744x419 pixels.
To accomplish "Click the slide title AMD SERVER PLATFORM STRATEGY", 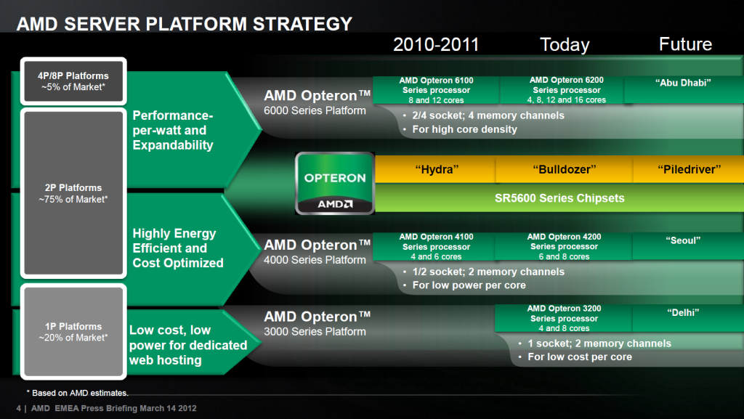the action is [184, 24].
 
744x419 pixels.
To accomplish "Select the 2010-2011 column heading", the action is [436, 44].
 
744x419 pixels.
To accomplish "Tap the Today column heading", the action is [565, 44].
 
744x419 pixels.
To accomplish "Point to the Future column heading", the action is [685, 44].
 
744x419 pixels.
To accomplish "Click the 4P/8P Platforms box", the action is [73, 81].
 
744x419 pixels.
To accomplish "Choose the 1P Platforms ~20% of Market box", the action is [73, 332].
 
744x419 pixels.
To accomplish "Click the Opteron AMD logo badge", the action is [335, 184].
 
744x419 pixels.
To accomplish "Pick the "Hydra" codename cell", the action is [436, 169].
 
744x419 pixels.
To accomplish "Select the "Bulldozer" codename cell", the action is [564, 169].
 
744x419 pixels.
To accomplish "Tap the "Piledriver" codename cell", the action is [689, 169].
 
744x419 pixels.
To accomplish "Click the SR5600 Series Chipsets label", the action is [559, 198].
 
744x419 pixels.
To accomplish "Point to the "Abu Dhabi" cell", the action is [683, 89].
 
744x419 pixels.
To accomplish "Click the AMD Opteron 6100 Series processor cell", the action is [436, 90].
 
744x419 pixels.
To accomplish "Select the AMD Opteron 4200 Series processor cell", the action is [564, 246].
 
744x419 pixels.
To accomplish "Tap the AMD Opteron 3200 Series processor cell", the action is [564, 318].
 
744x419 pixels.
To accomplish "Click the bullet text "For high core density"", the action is [464, 129].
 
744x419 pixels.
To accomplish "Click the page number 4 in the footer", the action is [18, 408].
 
